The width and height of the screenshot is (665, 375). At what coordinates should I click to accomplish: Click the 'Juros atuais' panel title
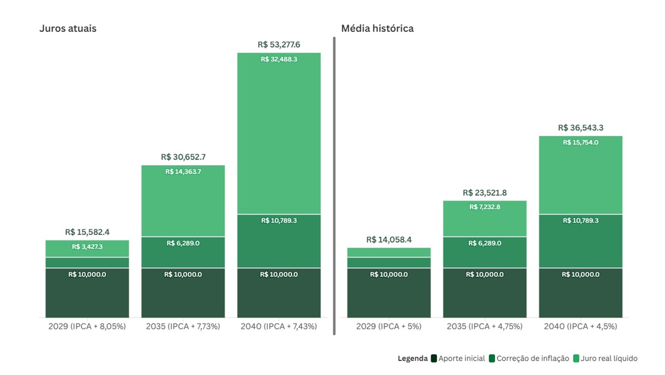(x=68, y=28)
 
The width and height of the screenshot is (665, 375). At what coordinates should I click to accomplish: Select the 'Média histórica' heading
(x=377, y=28)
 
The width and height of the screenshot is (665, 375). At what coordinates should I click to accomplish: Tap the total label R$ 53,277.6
(x=279, y=44)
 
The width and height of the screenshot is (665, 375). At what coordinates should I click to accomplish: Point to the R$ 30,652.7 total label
(x=183, y=157)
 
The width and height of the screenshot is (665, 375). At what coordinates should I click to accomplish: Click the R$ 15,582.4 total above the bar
(x=87, y=232)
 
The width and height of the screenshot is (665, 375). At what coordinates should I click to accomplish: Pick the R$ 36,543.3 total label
(x=580, y=128)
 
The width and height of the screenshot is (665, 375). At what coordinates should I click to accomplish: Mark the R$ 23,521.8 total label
(x=484, y=193)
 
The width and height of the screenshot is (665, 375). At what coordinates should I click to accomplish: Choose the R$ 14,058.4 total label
(x=388, y=240)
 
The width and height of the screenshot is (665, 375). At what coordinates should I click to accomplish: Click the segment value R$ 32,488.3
(x=279, y=59)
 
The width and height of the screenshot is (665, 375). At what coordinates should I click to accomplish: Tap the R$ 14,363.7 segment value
(x=183, y=172)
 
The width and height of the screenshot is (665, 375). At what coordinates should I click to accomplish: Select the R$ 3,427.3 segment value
(x=87, y=246)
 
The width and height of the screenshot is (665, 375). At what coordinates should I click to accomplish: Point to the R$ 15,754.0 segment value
(x=580, y=142)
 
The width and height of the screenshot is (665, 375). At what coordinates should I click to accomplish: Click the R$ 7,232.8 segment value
(x=484, y=207)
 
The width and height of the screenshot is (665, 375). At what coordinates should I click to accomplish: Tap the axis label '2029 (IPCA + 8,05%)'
(x=87, y=326)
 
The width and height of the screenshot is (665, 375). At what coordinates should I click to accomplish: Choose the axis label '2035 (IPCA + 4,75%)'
(x=484, y=326)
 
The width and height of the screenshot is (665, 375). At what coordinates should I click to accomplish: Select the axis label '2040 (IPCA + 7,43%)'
(x=279, y=326)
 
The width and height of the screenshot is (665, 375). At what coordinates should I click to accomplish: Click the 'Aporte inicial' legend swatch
(x=434, y=358)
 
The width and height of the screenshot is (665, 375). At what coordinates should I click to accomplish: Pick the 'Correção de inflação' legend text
(x=533, y=358)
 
